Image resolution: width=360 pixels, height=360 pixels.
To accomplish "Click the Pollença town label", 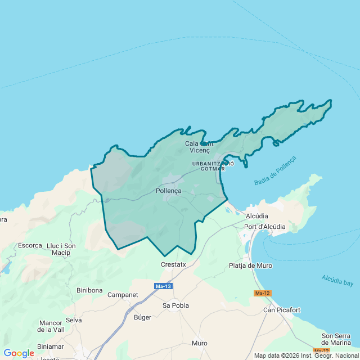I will (168, 191).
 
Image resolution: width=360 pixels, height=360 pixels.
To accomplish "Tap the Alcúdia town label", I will (257, 216).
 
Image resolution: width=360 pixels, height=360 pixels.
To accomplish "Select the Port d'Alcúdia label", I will (265, 227).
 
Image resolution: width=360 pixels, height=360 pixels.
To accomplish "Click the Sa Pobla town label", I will (175, 305).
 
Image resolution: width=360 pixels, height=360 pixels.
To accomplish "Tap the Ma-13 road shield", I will (163, 286).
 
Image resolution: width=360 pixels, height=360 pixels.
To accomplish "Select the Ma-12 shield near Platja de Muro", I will (262, 293).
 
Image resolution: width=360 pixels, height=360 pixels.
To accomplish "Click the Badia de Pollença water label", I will (274, 170).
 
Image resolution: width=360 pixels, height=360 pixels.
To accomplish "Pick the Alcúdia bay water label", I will (337, 280).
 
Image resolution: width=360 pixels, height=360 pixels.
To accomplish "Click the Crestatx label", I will (173, 264).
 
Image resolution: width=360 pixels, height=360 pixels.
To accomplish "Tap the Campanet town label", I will (123, 295).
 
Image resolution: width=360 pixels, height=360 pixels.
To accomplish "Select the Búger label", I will (142, 317).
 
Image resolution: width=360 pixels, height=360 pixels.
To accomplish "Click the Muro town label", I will (199, 343).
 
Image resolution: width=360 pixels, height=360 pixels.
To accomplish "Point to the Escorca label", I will (30, 245).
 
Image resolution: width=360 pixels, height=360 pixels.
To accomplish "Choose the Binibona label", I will (89, 290).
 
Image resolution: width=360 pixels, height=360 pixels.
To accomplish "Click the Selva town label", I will (74, 320).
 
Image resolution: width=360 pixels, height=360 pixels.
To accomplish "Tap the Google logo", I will (19, 353).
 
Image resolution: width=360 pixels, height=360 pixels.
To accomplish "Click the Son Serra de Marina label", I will (336, 339).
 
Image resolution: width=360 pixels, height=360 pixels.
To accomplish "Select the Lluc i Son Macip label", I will (61, 249).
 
